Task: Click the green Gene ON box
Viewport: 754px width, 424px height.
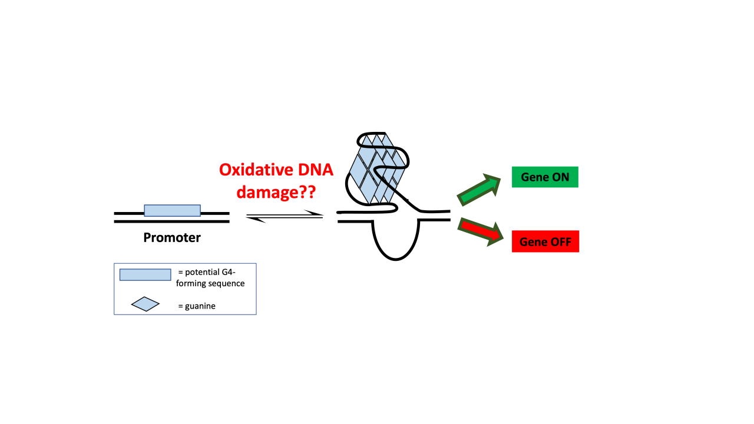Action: [x=545, y=177]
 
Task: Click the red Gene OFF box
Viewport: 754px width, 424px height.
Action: [x=545, y=241]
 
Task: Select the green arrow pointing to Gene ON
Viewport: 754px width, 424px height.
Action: [x=479, y=190]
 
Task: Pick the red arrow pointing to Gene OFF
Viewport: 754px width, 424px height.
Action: [x=481, y=231]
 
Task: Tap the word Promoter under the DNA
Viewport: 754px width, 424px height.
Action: [x=172, y=237]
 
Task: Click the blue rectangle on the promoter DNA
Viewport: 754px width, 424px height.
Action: [x=173, y=210]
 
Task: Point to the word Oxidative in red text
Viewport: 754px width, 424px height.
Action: [x=256, y=170]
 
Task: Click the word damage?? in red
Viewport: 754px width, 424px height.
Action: [x=276, y=192]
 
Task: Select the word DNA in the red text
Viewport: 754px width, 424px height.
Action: [x=315, y=170]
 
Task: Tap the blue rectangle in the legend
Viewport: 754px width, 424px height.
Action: [x=145, y=274]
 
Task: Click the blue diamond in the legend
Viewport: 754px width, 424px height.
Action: [x=145, y=304]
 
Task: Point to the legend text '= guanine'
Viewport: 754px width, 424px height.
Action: [x=197, y=306]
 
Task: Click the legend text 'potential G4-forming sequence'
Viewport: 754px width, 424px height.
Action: [x=210, y=277]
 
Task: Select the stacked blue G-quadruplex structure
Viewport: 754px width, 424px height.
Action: [x=378, y=169]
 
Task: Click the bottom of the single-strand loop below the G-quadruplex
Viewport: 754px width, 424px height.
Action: [x=395, y=260]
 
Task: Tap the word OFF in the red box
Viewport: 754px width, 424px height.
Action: [x=560, y=241]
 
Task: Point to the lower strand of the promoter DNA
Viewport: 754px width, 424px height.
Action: [x=171, y=221]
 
